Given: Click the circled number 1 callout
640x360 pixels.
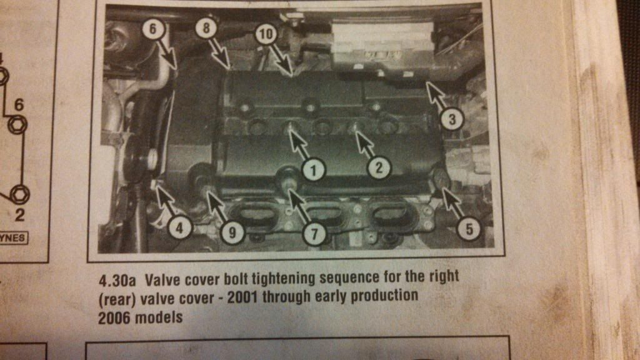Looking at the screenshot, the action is [314, 170].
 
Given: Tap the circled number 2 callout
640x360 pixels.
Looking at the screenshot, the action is [379, 167].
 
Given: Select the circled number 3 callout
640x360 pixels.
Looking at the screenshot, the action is [452, 119].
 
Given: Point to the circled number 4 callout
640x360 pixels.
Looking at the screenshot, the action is [180, 227].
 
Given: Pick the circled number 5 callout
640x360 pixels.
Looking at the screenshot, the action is [469, 229].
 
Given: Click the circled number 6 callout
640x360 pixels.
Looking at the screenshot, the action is [152, 29].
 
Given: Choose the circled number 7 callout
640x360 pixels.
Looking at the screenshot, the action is [314, 234].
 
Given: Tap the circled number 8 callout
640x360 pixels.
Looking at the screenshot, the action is [206, 27].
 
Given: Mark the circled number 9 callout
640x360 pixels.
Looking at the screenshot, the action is [232, 232].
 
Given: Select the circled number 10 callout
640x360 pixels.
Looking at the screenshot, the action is [266, 34].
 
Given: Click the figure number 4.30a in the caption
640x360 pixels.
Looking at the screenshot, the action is [117, 281].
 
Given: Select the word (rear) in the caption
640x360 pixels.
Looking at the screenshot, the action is [117, 299].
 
